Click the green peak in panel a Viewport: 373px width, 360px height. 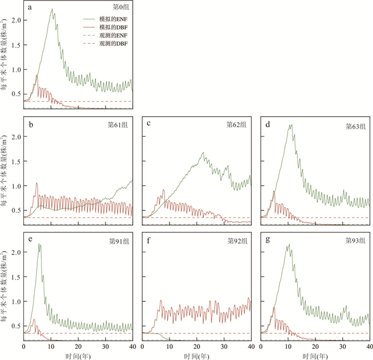[52, 9]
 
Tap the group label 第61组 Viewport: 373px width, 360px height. [119, 125]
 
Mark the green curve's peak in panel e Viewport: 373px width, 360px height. [39, 244]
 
